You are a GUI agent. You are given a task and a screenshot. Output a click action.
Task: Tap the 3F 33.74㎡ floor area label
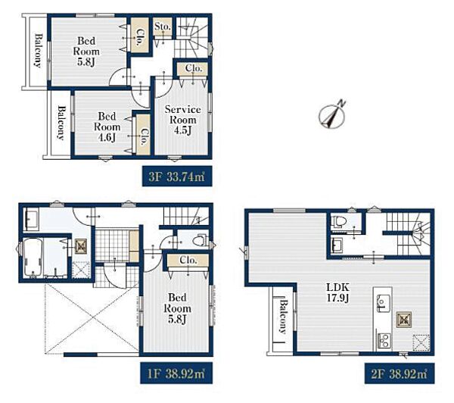tap(177, 177)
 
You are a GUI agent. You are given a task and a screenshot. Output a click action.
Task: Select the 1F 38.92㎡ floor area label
tap(176, 373)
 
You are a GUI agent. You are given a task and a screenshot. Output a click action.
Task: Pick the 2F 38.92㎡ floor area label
tap(400, 373)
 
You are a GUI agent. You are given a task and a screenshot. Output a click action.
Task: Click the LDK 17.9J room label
tap(338, 292)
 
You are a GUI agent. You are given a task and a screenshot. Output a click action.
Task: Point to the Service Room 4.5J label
tap(182, 120)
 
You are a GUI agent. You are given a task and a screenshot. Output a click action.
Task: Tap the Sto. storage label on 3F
tap(162, 27)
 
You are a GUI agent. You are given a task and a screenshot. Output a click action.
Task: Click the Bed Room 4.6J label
tap(107, 127)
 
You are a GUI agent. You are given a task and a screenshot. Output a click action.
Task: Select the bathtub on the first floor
tap(33, 258)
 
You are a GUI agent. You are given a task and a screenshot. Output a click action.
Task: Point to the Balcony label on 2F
tap(282, 317)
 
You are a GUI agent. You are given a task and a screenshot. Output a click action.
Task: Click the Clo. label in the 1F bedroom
tap(188, 260)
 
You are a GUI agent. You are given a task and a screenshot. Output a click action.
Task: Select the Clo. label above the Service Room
tap(194, 68)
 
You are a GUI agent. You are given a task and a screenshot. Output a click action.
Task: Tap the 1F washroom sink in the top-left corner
tap(30, 220)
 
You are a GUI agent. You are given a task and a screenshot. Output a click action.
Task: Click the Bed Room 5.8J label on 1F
tap(177, 308)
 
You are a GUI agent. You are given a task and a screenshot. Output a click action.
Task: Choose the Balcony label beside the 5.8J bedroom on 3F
tap(39, 51)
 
